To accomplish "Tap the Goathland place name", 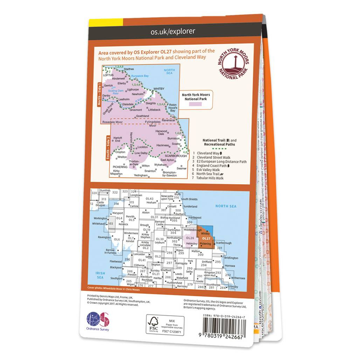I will click(142, 116).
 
